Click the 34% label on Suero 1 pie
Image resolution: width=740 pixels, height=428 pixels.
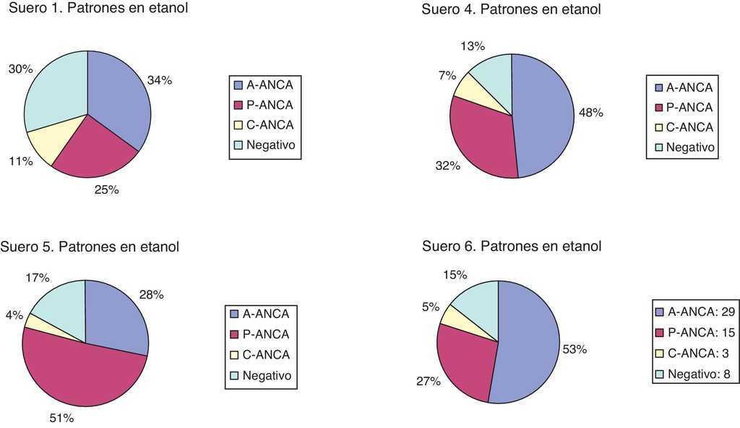[159, 80]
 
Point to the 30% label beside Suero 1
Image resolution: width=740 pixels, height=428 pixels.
[20, 69]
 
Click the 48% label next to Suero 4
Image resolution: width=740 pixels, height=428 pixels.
[590, 113]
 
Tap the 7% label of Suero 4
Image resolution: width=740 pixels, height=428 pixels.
[447, 76]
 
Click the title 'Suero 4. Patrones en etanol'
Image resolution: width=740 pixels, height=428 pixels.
[512, 9]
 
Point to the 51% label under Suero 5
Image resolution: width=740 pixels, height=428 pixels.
[61, 418]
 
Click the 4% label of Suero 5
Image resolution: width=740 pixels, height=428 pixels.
[14, 315]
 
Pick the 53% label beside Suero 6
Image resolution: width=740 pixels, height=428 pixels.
[575, 349]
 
